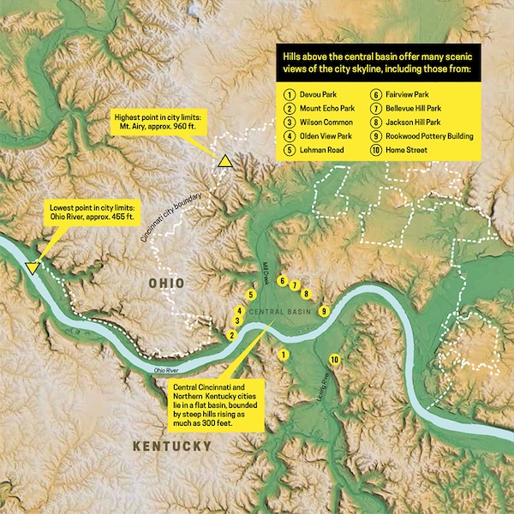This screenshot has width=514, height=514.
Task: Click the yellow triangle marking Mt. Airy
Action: (224, 161)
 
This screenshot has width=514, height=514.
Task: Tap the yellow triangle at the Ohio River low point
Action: (33, 268)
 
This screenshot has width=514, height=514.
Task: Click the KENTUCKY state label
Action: (172, 446)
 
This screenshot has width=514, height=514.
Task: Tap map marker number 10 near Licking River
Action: (335, 359)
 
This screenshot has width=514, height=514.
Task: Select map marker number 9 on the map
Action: (324, 311)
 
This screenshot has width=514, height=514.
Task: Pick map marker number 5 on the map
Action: (250, 295)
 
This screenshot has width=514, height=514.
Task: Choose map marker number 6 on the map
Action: (283, 279)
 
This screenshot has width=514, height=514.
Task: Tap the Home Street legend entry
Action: (407, 150)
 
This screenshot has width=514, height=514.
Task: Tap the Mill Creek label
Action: (266, 268)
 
